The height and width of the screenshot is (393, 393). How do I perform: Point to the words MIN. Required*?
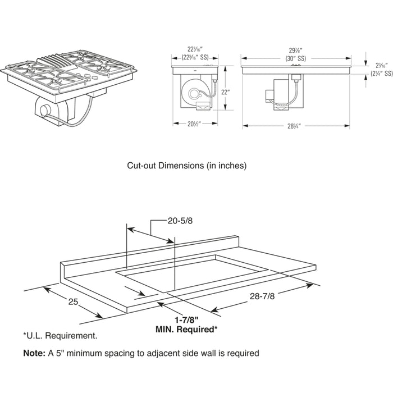point(186,330)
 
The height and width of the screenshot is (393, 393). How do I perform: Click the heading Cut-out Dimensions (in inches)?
point(186,166)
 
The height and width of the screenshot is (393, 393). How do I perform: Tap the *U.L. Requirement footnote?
point(60,336)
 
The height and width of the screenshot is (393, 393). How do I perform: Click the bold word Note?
point(34,353)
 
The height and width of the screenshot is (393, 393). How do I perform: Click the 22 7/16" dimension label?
point(194,49)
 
